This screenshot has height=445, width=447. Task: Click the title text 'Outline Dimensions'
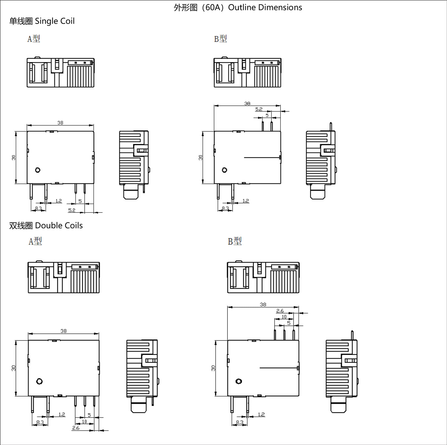pyautogui.click(x=265, y=7)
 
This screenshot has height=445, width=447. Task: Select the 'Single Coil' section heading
pyautogui.click(x=55, y=21)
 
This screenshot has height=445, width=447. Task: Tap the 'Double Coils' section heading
pyautogui.click(x=59, y=225)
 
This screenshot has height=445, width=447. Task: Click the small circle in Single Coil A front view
pyautogui.click(x=38, y=170)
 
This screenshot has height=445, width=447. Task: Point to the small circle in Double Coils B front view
pyautogui.click(x=239, y=381)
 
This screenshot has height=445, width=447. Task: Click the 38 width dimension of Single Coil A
pyautogui.click(x=60, y=123)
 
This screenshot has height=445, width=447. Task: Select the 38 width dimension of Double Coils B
pyautogui.click(x=263, y=304)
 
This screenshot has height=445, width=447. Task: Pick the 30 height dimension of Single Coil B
pyautogui.click(x=201, y=158)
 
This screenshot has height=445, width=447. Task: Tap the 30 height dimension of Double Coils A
pyautogui.click(x=13, y=368)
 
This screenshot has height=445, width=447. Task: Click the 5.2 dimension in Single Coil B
pyautogui.click(x=259, y=109)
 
